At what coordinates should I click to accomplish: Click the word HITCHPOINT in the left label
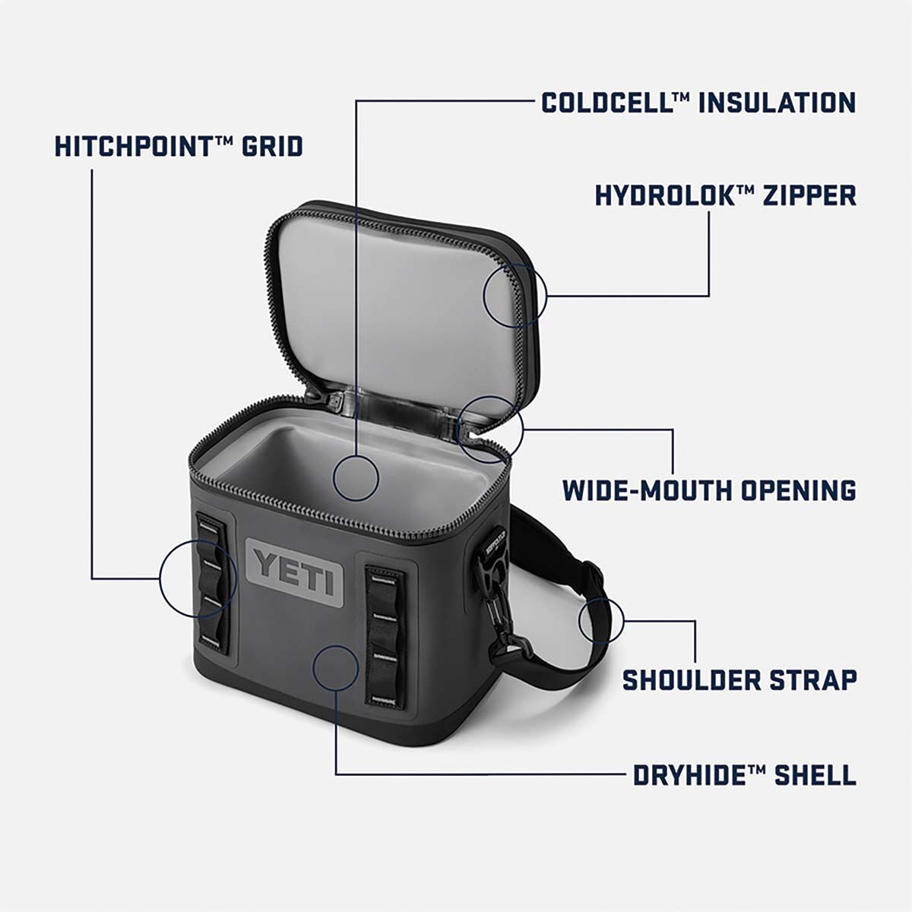(x=131, y=147)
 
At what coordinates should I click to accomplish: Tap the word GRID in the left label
(x=272, y=147)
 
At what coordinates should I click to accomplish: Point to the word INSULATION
(x=777, y=103)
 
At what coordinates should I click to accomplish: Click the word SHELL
(x=815, y=776)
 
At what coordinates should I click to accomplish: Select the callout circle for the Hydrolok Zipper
(x=515, y=294)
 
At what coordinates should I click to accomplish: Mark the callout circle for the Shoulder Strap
(x=601, y=620)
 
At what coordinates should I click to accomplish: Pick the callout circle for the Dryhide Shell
(x=335, y=667)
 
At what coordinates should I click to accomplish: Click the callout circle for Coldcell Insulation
(x=356, y=477)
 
